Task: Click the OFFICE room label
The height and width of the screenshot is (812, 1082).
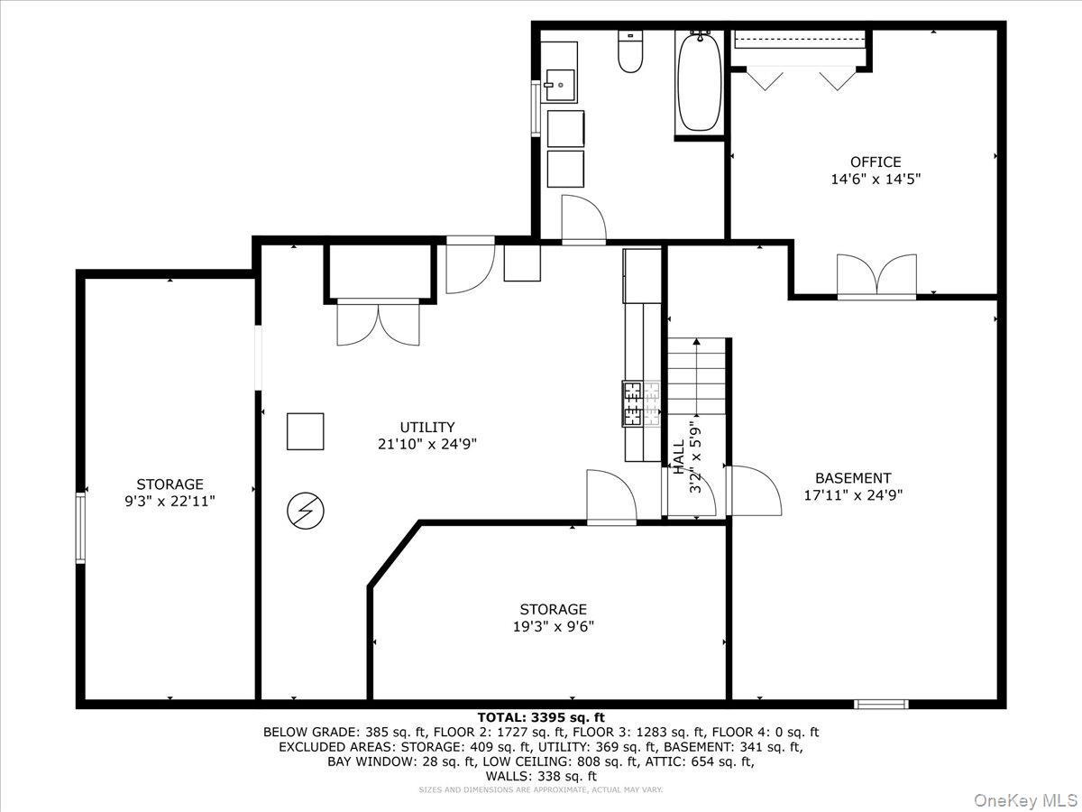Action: click(875, 162)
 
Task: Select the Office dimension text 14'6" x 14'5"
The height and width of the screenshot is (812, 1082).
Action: click(875, 180)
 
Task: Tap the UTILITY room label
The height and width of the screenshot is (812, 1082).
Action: click(427, 427)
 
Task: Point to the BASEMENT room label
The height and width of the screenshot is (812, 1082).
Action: click(853, 478)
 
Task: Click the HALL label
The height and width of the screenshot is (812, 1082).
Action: click(677, 457)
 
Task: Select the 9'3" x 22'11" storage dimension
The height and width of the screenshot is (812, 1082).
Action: click(170, 502)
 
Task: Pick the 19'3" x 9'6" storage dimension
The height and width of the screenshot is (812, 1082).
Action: click(553, 626)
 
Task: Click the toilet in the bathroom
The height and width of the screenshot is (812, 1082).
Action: click(629, 53)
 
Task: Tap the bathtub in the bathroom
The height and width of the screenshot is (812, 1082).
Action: click(699, 83)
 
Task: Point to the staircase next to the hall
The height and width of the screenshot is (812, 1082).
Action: click(696, 375)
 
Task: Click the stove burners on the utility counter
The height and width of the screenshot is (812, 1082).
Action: click(642, 403)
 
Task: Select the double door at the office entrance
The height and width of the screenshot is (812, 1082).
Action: click(876, 275)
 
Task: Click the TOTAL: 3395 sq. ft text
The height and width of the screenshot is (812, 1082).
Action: click(541, 717)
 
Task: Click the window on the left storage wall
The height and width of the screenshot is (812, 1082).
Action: click(80, 528)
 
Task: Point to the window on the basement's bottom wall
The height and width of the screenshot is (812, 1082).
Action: click(881, 704)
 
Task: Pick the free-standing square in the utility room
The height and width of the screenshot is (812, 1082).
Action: click(305, 431)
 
